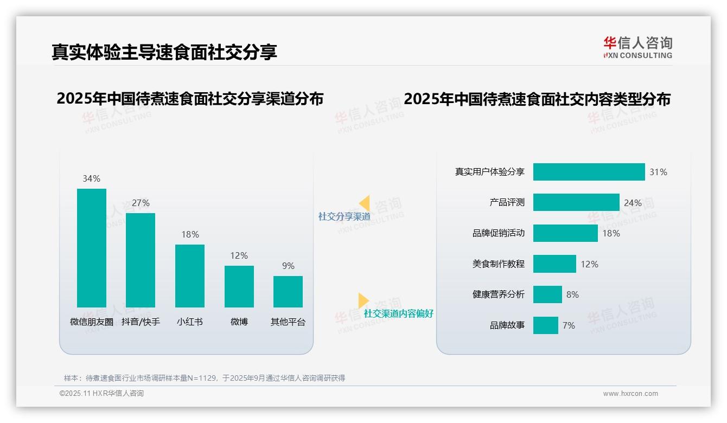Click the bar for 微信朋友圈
tap(92, 248)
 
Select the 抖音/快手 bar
tap(141, 260)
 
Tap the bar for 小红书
tap(190, 276)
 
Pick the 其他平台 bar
tap(288, 292)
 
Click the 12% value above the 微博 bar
tap(239, 255)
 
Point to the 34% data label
tap(91, 178)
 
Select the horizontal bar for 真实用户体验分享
tap(589, 172)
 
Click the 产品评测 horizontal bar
tap(576, 202)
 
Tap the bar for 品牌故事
tap(545, 325)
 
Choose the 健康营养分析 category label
tap(498, 294)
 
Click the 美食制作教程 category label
tap(498, 264)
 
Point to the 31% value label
tap(658, 172)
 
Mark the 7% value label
tap(569, 325)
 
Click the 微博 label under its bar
tap(239, 322)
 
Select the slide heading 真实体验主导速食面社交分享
tap(164, 52)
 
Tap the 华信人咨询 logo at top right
tap(637, 48)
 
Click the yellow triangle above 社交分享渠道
tap(365, 203)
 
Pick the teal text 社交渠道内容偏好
tap(398, 313)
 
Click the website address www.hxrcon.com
tap(630, 394)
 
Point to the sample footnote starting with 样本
tap(205, 378)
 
